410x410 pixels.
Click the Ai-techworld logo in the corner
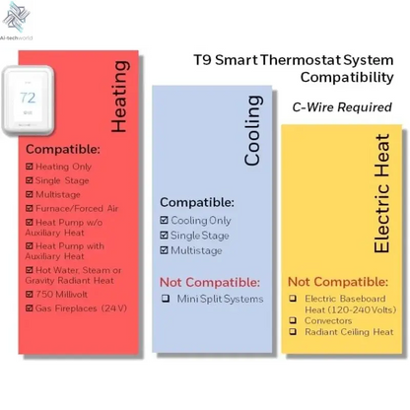click(x=19, y=21)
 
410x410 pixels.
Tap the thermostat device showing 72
click(x=29, y=98)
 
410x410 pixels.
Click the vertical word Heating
click(x=119, y=96)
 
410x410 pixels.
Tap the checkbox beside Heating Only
click(x=30, y=168)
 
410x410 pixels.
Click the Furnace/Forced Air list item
click(x=77, y=209)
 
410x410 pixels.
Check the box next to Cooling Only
click(x=165, y=221)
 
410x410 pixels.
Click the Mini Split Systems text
click(x=221, y=299)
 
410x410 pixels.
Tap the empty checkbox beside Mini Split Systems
click(x=165, y=299)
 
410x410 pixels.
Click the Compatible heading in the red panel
click(x=63, y=150)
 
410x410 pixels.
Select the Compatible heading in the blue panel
click(x=197, y=202)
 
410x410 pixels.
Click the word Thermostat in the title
click(x=296, y=60)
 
